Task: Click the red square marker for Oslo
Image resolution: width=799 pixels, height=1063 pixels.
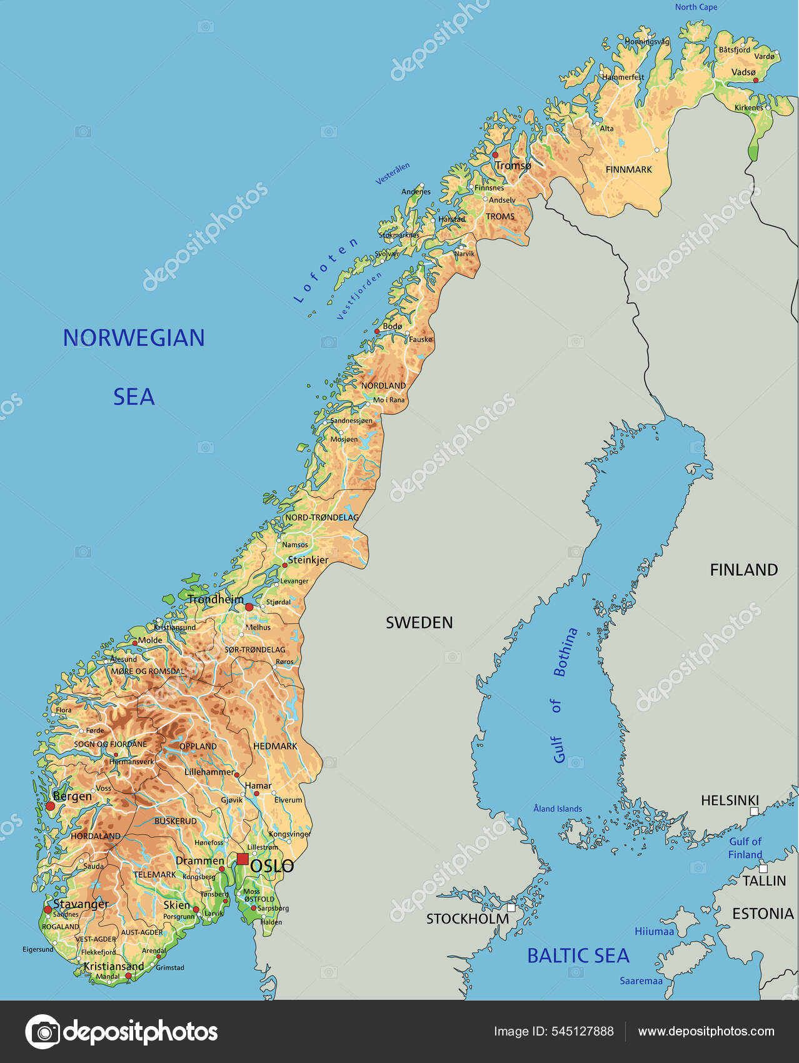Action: tap(243, 859)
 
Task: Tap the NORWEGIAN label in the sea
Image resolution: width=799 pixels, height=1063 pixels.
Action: tap(134, 338)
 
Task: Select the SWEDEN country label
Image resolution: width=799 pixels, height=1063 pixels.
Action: tap(419, 622)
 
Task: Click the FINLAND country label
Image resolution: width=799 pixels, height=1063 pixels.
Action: tap(743, 570)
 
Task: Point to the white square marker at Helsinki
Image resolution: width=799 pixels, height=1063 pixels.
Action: tap(754, 811)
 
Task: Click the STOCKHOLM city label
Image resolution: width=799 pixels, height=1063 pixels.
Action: tap(467, 919)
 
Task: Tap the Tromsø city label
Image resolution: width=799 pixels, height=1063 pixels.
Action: tap(513, 166)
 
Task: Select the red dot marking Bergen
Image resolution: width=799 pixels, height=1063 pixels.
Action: tap(50, 807)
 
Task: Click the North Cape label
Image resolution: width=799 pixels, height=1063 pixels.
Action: tap(696, 7)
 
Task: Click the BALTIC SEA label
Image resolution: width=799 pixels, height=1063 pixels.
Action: tap(578, 955)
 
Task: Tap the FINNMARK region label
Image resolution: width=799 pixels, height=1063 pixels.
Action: tap(628, 169)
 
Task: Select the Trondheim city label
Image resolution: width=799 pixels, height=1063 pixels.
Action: tap(216, 599)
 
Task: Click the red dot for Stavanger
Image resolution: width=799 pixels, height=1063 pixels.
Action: tap(48, 909)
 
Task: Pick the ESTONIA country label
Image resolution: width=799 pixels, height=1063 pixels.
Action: tap(763, 914)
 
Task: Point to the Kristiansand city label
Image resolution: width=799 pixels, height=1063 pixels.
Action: tap(114, 966)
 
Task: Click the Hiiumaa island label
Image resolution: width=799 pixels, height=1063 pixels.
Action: tap(654, 931)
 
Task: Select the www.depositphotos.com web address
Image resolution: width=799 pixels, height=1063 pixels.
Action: tap(706, 1031)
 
